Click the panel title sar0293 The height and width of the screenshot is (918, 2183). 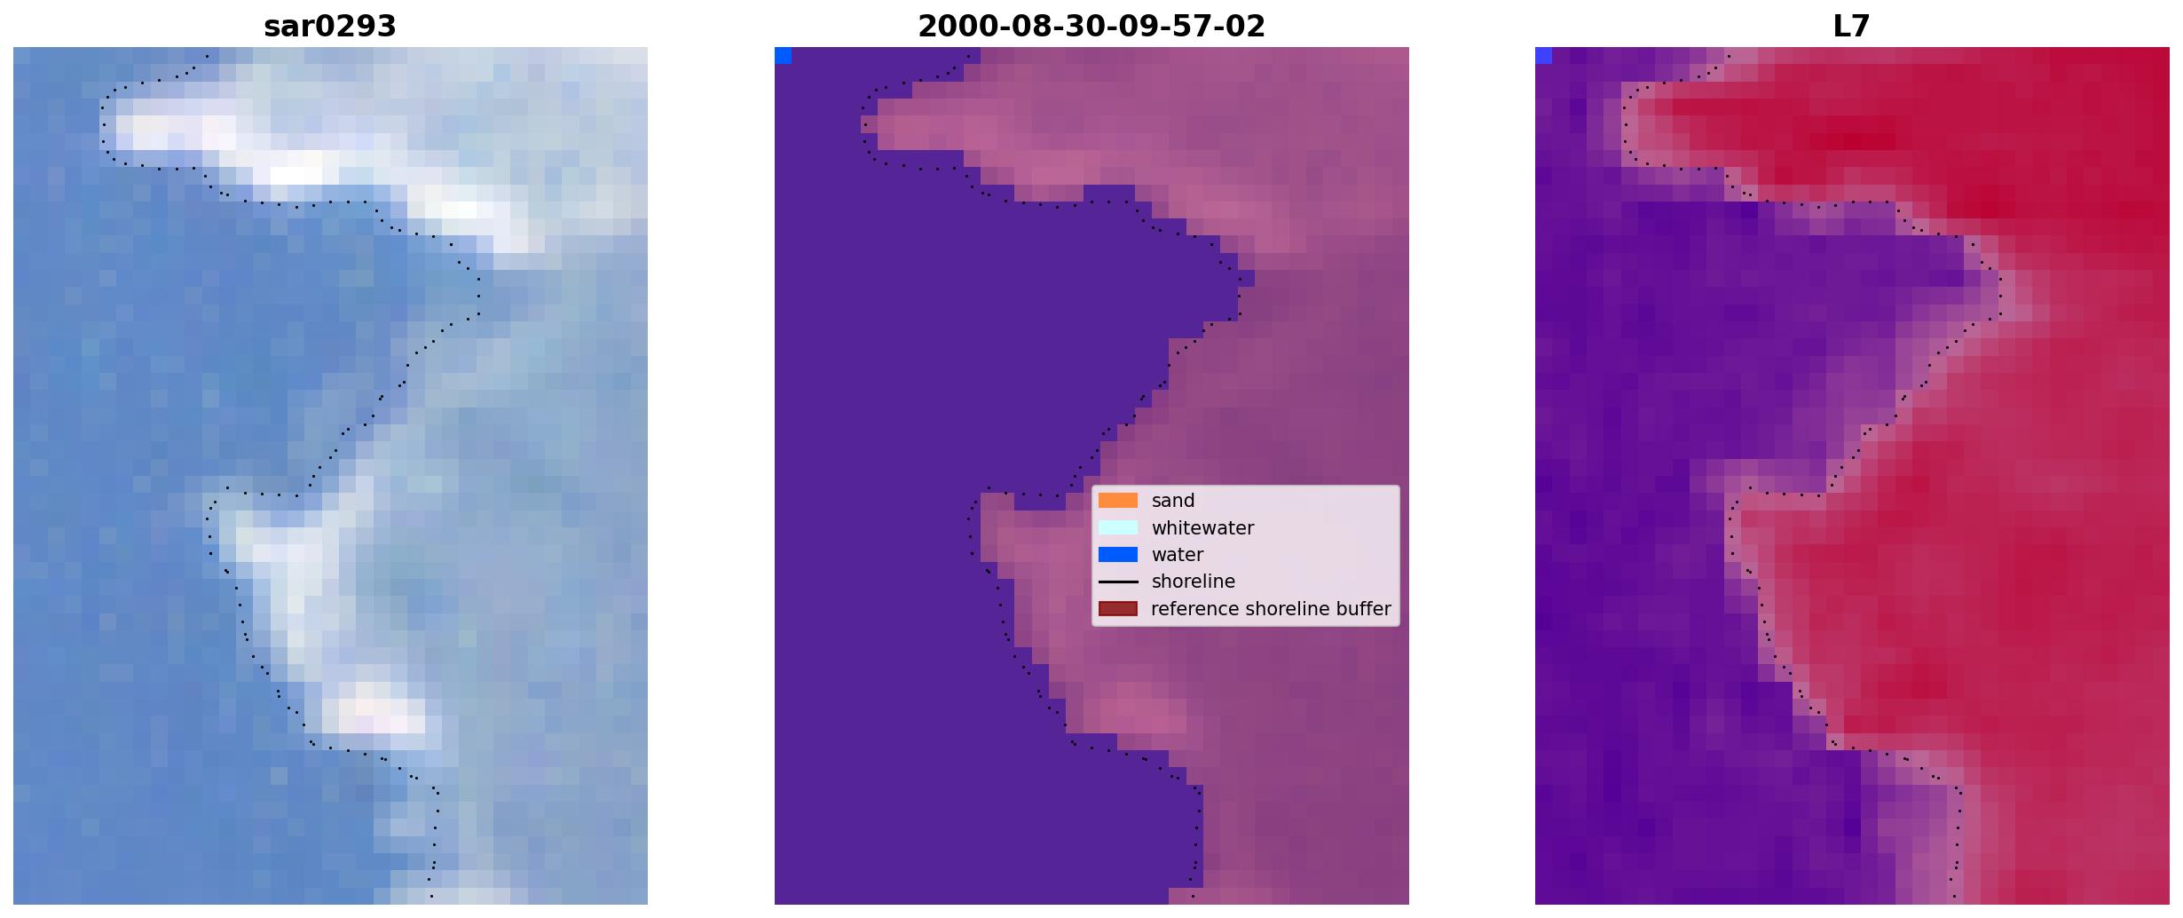point(330,27)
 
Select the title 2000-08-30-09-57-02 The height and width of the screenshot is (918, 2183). point(1091,27)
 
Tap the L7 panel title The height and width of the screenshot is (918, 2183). point(1852,27)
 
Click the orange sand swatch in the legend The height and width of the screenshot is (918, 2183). point(1118,501)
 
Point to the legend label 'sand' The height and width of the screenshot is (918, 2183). point(1173,501)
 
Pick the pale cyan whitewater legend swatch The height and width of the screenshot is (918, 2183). point(1118,527)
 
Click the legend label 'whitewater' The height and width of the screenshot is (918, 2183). point(1202,528)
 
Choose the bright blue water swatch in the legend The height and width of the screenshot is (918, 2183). point(1118,555)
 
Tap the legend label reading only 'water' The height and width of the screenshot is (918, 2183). point(1178,555)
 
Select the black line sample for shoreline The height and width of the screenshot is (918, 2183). point(1118,582)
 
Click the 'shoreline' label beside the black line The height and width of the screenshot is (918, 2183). point(1194,582)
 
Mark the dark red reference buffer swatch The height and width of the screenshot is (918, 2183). point(1118,609)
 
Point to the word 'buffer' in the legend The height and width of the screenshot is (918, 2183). point(1364,609)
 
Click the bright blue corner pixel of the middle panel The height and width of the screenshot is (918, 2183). point(783,56)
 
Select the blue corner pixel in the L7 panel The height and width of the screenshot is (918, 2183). point(1543,56)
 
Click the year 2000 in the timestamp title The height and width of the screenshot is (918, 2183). point(949,27)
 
